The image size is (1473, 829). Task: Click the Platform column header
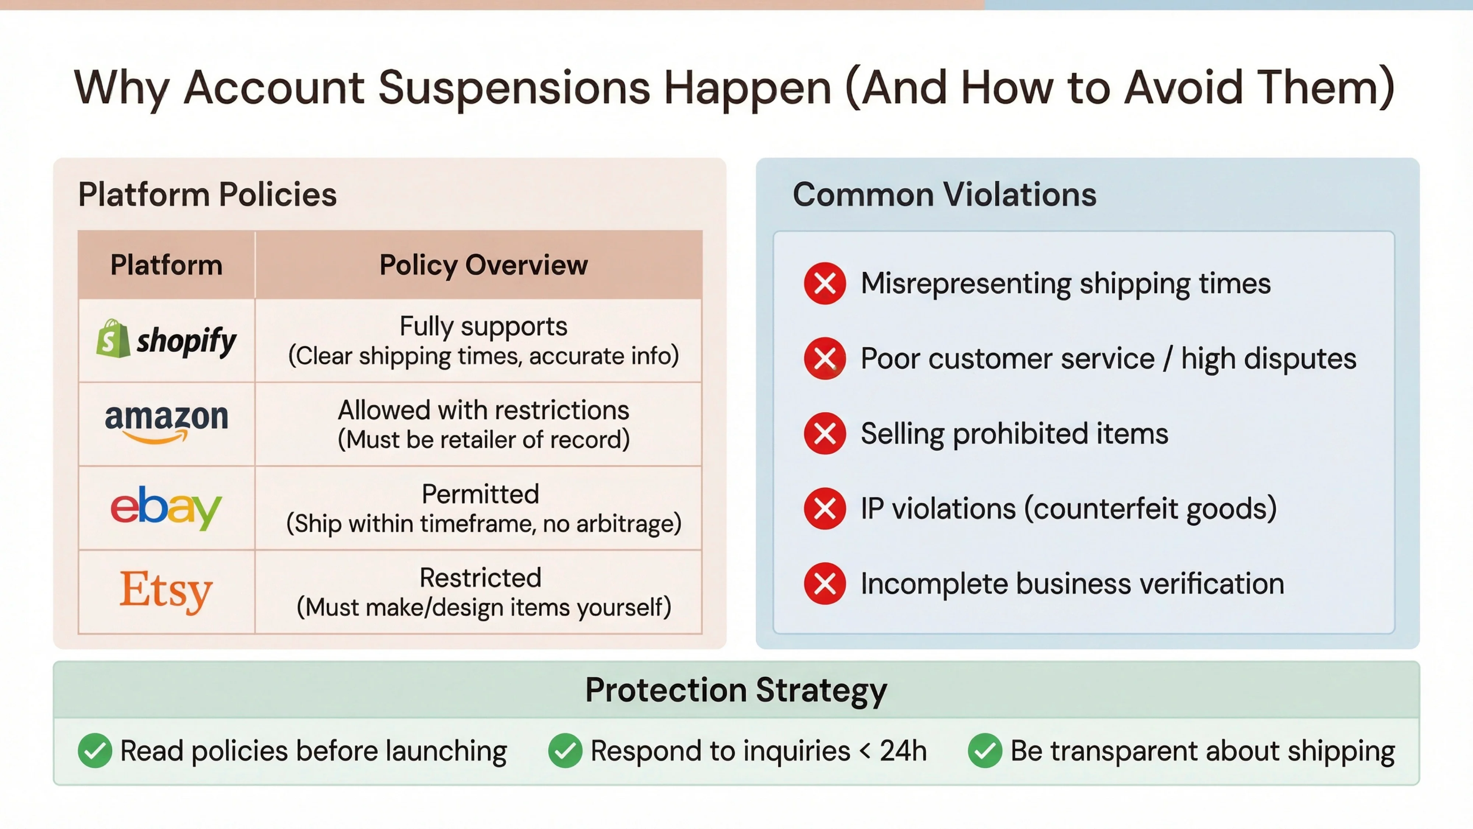coord(166,265)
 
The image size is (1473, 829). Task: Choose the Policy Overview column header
coord(483,265)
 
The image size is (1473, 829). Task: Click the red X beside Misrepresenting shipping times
coord(825,283)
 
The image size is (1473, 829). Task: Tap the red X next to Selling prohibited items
coord(825,433)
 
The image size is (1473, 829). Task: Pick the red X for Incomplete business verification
coord(825,584)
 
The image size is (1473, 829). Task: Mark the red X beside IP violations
coord(825,508)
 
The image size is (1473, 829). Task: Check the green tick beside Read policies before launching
coord(95,750)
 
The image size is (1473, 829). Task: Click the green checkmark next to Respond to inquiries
coord(565,750)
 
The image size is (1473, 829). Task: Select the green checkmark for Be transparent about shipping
coord(985,750)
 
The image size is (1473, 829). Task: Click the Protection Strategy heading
coord(736,690)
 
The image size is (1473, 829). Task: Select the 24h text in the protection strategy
coord(903,750)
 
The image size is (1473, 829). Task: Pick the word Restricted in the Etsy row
coord(480,577)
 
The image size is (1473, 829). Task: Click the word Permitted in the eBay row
coord(480,494)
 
